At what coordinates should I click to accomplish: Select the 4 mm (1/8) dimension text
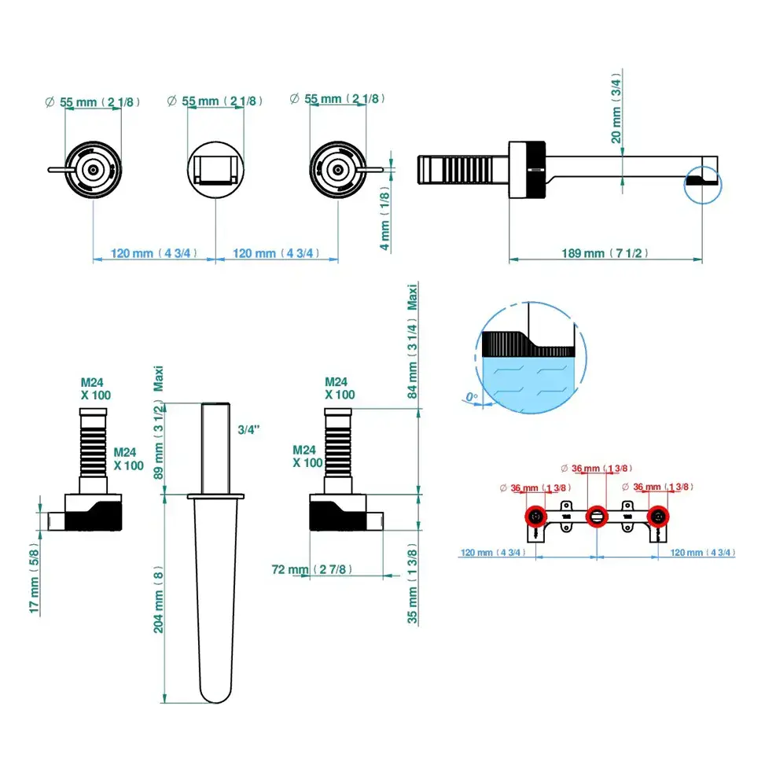pyautogui.click(x=384, y=221)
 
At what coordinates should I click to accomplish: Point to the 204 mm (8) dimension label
pyautogui.click(x=159, y=598)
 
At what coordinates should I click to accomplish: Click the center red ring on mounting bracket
pyautogui.click(x=597, y=517)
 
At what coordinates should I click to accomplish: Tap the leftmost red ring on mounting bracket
pyautogui.click(x=536, y=517)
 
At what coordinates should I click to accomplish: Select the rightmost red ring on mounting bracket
pyautogui.click(x=657, y=517)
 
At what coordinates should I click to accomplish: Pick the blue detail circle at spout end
pyautogui.click(x=701, y=182)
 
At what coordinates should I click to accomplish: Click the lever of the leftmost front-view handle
pyautogui.click(x=57, y=168)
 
